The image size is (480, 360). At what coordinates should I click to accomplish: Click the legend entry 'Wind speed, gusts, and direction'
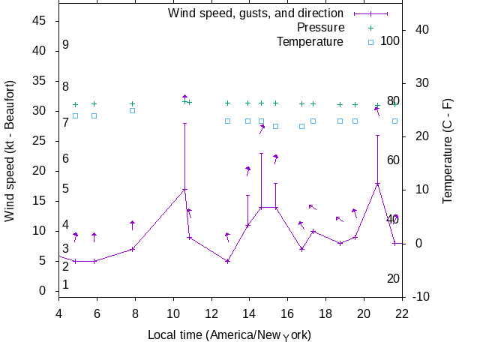click(x=255, y=13)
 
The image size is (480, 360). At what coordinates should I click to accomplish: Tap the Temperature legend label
click(x=310, y=41)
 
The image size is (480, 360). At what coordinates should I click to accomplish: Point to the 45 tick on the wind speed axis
click(x=39, y=21)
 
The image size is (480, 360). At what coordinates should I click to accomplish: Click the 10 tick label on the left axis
click(x=39, y=231)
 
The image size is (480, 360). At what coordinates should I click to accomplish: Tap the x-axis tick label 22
click(x=403, y=313)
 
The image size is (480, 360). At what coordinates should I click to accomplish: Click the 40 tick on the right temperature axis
click(x=421, y=30)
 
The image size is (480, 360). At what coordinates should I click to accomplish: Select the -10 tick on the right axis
click(x=420, y=297)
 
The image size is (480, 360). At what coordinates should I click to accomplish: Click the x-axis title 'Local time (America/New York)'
click(x=230, y=334)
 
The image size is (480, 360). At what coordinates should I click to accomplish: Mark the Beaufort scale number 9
click(x=66, y=45)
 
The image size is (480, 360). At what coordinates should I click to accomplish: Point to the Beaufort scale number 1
click(x=66, y=284)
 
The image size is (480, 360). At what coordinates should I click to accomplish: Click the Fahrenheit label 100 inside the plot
click(x=389, y=40)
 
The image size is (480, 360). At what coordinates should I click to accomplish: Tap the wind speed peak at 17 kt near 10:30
click(x=184, y=190)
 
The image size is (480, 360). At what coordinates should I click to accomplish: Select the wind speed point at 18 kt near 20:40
click(x=377, y=184)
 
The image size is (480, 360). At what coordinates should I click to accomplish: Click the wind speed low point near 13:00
click(x=227, y=261)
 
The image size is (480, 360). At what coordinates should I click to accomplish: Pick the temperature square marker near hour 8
click(x=132, y=110)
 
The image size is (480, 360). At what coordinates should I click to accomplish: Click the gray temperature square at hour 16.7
click(x=301, y=126)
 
